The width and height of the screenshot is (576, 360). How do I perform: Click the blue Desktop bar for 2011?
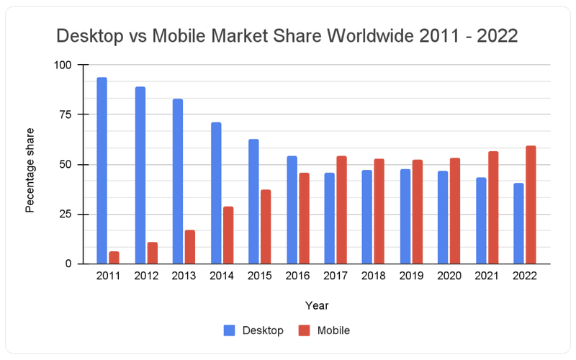point(102,171)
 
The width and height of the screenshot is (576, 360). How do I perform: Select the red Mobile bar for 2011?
point(114,258)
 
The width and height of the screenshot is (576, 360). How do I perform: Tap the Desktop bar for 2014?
point(216,193)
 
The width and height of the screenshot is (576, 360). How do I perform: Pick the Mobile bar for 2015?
point(266,227)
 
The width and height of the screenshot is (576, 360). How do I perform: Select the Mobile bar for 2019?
point(418,212)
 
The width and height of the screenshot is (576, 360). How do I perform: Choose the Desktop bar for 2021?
point(481,220)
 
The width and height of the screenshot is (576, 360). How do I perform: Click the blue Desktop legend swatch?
point(230,330)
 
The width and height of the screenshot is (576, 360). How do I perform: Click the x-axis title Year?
point(317,306)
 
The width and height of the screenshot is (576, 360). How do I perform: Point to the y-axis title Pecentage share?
point(30,170)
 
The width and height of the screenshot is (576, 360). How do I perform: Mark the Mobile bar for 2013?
point(190,247)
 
